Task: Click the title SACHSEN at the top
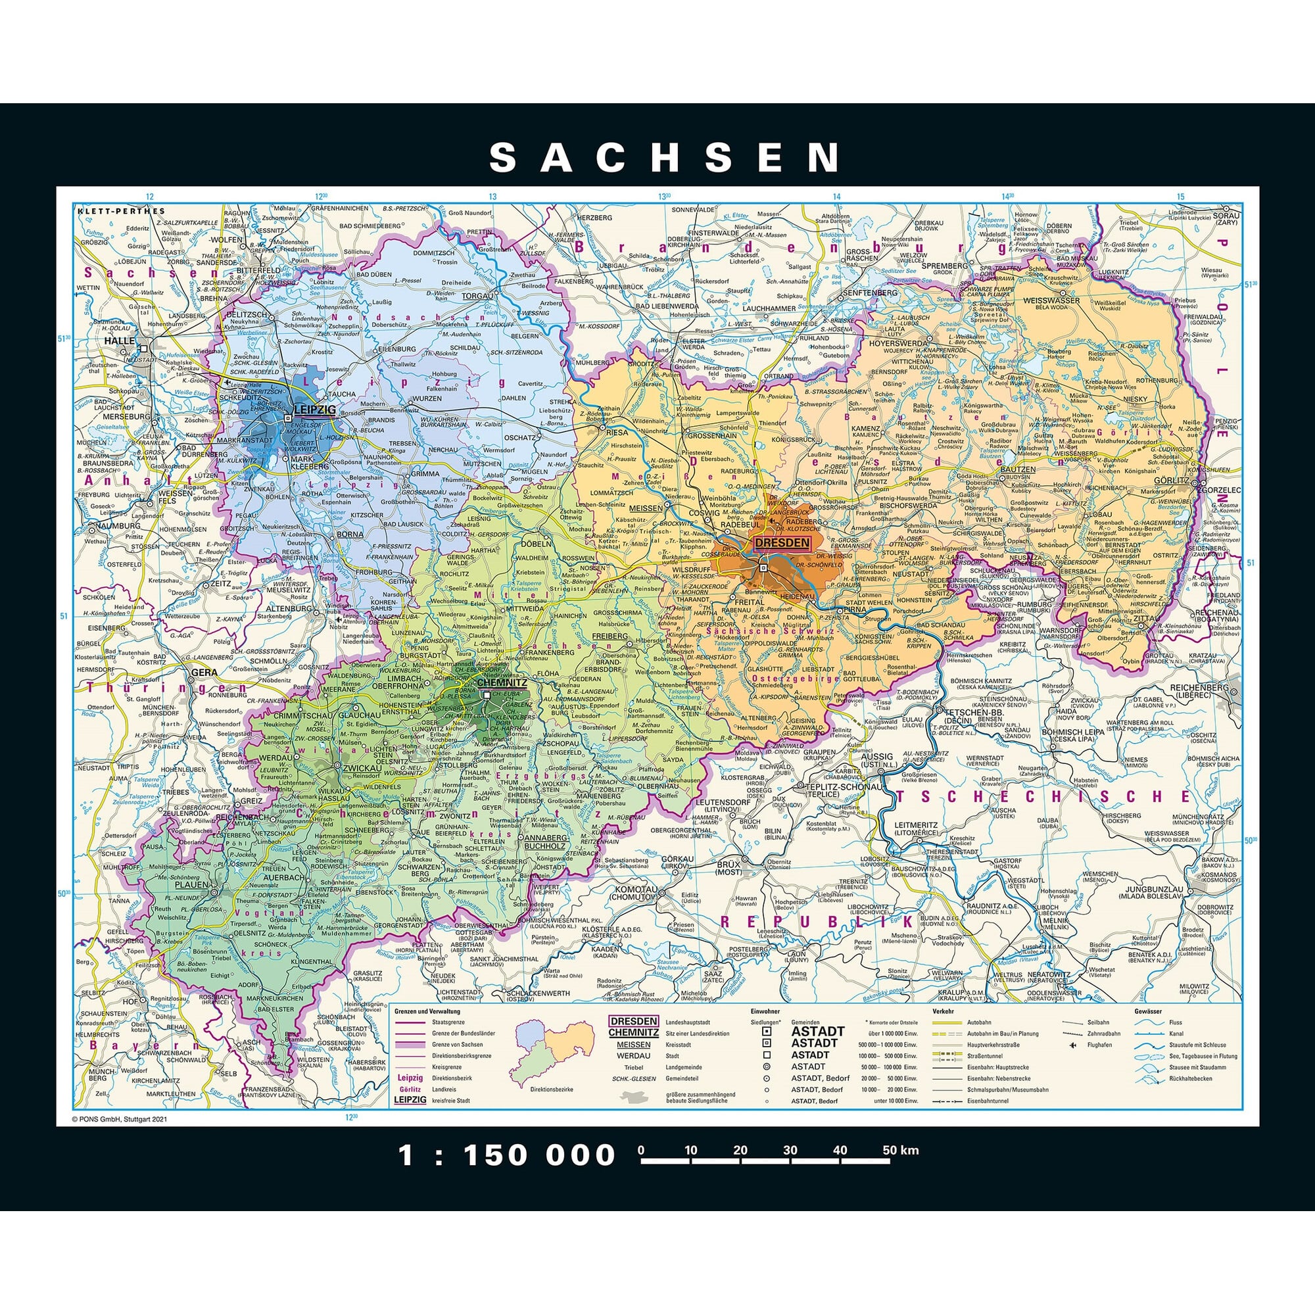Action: click(663, 158)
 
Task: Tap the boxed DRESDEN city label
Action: click(782, 543)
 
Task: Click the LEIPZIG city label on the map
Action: click(314, 410)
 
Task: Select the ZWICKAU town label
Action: click(360, 769)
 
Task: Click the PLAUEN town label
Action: click(191, 886)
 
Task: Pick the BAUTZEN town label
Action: click(1018, 469)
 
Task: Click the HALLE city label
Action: click(120, 341)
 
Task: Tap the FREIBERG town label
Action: click(610, 636)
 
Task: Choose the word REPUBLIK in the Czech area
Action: click(817, 922)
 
